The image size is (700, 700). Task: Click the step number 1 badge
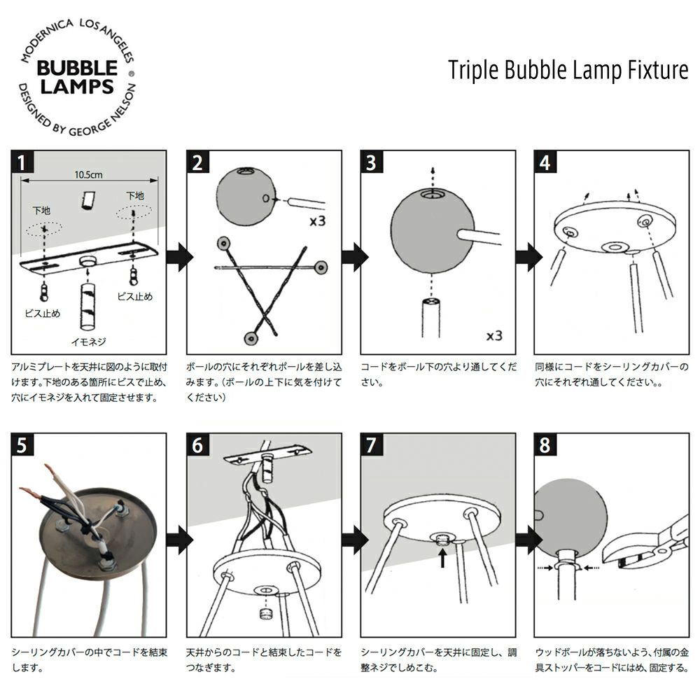(24, 163)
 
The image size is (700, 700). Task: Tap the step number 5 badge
(24, 445)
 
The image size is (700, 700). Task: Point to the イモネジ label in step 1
(88, 342)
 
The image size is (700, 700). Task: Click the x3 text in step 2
(318, 224)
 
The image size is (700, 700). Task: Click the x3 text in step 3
(494, 335)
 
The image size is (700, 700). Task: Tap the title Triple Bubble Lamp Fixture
(568, 71)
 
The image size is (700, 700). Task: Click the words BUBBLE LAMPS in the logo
(77, 77)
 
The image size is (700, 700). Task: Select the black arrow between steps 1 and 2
(180, 257)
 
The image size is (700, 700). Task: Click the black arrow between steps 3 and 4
(528, 257)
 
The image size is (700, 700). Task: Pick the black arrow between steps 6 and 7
(355, 539)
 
